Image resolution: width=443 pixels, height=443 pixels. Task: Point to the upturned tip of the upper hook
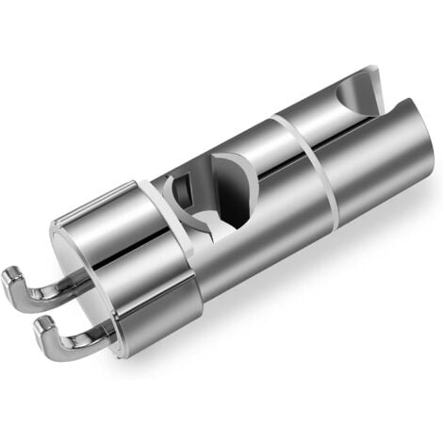click(x=11, y=278)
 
